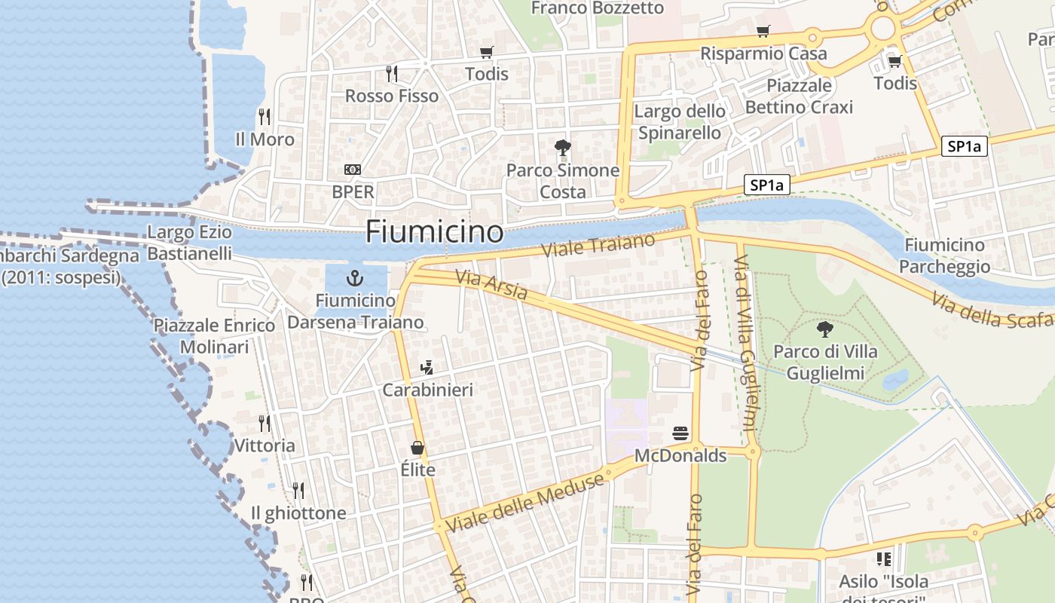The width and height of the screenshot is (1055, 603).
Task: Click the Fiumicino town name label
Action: [434, 231]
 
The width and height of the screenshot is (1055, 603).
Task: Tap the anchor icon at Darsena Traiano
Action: [354, 279]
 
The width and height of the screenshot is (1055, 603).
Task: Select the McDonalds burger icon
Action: [680, 434]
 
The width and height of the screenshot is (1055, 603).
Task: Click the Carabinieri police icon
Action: [427, 368]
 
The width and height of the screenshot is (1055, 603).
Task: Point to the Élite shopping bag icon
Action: [417, 448]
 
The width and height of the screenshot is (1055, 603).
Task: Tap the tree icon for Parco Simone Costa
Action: [562, 148]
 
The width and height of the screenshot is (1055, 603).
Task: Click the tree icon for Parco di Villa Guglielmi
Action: [825, 329]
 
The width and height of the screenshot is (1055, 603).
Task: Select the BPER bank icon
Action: [353, 170]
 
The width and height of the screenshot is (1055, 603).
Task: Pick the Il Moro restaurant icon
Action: [265, 117]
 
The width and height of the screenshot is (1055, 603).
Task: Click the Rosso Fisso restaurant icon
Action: [392, 74]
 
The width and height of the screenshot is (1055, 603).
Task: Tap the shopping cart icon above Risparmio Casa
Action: [763, 32]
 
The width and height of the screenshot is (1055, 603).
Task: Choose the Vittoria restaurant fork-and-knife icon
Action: [265, 423]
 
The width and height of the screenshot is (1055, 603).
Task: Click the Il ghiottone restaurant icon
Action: [298, 491]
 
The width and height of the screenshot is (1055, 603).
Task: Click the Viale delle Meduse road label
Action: [525, 503]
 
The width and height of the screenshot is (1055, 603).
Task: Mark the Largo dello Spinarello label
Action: [680, 122]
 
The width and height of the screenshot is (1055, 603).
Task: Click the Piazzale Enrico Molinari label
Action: [214, 336]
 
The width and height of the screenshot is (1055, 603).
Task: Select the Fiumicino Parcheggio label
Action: [944, 256]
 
